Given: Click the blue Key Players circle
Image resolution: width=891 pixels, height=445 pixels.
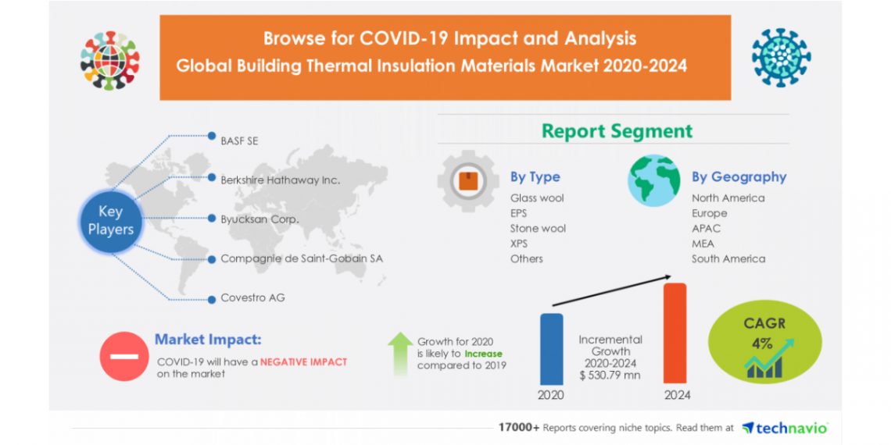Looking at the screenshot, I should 111,220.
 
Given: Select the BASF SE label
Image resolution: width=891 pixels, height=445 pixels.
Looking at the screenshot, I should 239,141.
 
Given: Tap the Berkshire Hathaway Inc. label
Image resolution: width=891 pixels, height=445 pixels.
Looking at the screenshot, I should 281,180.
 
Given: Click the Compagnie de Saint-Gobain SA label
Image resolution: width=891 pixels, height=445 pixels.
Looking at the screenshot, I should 302,258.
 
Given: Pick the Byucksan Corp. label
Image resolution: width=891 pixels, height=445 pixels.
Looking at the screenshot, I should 259,219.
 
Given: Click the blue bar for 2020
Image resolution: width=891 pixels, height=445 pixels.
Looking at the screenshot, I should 551,348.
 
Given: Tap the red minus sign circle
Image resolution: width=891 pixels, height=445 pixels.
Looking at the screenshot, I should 123,356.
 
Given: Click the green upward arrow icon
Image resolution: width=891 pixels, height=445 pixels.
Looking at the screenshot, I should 400,353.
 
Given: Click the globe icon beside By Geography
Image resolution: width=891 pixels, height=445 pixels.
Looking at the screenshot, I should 653,180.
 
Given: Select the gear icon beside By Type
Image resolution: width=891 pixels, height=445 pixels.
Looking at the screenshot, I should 467,181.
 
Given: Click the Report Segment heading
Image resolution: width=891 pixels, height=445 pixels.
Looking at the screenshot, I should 617,130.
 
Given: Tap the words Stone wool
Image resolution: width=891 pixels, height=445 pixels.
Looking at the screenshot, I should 538,228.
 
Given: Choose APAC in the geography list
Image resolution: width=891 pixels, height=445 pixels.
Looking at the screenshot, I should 706,228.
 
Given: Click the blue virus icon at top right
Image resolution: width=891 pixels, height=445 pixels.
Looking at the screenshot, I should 781,58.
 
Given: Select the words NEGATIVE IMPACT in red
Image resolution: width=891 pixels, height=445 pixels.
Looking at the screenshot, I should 303,361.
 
